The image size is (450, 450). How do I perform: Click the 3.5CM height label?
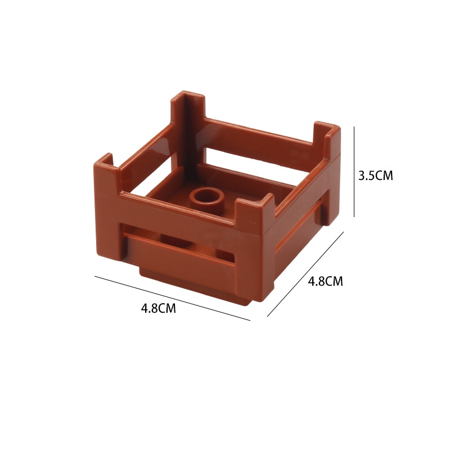[375, 175]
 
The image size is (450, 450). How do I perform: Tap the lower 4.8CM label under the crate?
[159, 308]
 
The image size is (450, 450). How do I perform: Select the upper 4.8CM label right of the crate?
[326, 281]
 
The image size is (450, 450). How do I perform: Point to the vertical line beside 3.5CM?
[354, 172]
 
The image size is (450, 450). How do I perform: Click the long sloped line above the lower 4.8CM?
[173, 298]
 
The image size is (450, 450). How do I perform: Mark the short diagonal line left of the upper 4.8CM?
[305, 274]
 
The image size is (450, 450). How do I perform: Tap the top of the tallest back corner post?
[188, 97]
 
